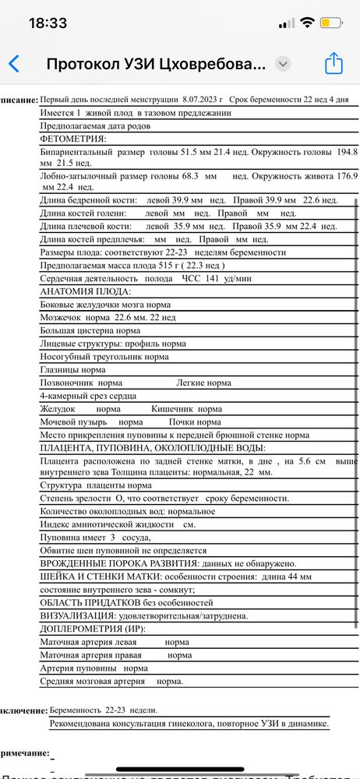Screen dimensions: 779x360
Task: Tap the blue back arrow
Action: point(13,64)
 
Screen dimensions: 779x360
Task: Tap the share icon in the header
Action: point(334,63)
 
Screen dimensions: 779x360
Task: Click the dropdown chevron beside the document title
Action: point(283,64)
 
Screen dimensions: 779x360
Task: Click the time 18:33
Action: point(48,23)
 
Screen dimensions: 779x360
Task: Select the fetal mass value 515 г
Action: point(126,265)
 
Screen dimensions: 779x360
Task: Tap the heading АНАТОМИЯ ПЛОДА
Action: point(85,291)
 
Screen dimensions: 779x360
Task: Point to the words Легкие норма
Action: point(203,383)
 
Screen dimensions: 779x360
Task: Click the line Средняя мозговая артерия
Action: point(92,682)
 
